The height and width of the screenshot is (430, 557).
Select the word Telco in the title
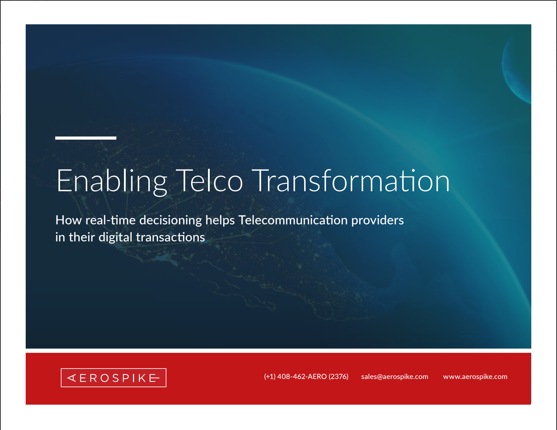tap(209, 180)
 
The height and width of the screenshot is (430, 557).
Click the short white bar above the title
tap(86, 138)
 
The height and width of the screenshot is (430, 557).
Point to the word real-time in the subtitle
tap(110, 220)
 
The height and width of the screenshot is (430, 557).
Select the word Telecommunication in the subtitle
tap(293, 220)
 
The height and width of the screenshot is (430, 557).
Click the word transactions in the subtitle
tap(171, 237)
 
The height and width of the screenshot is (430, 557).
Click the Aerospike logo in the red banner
tap(113, 378)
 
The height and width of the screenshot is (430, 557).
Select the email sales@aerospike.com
tap(394, 377)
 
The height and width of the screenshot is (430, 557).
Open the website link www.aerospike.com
tap(475, 377)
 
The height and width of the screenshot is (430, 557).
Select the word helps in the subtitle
tap(220, 221)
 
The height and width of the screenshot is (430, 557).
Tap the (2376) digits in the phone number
tap(338, 377)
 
